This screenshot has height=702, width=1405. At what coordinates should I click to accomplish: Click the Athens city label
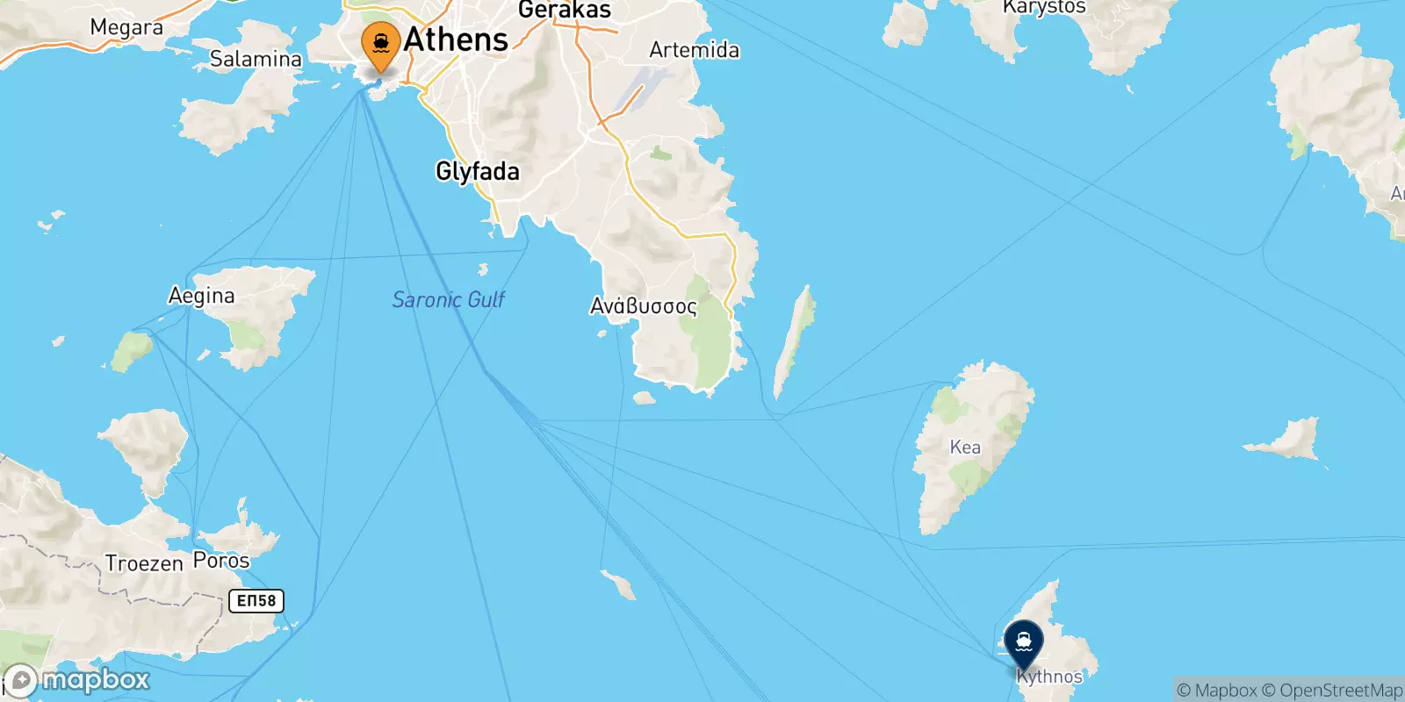pyautogui.click(x=456, y=39)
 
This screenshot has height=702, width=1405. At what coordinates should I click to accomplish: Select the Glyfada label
pyautogui.click(x=477, y=171)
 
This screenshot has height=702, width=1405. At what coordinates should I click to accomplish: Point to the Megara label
pyautogui.click(x=126, y=27)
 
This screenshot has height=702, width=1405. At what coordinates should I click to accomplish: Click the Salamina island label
pyautogui.click(x=256, y=59)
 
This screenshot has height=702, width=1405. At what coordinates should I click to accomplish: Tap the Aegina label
pyautogui.click(x=201, y=296)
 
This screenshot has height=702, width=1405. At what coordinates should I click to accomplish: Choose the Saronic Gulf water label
pyautogui.click(x=448, y=300)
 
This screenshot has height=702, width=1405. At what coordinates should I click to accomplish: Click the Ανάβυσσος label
pyautogui.click(x=643, y=306)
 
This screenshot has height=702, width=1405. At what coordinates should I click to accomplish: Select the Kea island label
pyautogui.click(x=965, y=448)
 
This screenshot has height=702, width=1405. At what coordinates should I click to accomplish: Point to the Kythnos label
pyautogui.click(x=1049, y=677)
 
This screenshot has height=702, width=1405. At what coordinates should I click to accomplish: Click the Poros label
pyautogui.click(x=221, y=560)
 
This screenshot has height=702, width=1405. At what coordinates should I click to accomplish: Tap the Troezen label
pyautogui.click(x=144, y=562)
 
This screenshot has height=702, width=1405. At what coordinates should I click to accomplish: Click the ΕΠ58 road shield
pyautogui.click(x=256, y=601)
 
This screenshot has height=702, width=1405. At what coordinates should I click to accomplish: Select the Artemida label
pyautogui.click(x=694, y=50)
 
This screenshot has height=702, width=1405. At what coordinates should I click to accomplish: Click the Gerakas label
pyautogui.click(x=564, y=11)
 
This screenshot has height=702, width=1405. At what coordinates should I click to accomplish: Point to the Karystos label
pyautogui.click(x=1044, y=8)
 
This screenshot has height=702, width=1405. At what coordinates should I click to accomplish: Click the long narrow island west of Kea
pyautogui.click(x=794, y=342)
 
